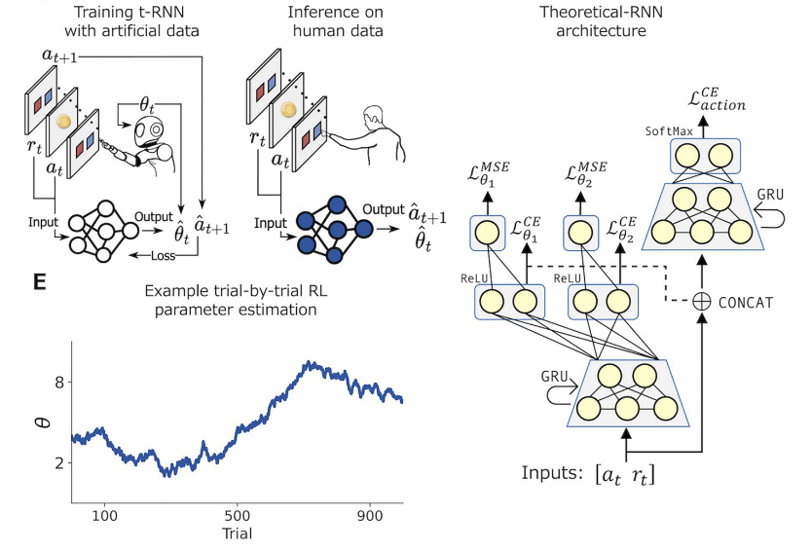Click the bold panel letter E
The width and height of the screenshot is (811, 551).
click(39, 282)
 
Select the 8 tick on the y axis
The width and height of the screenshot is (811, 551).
click(59, 383)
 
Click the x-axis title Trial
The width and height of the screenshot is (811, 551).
click(238, 533)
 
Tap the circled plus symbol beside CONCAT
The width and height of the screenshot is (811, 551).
click(698, 303)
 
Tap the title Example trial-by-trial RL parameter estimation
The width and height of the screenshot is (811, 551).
click(237, 300)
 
